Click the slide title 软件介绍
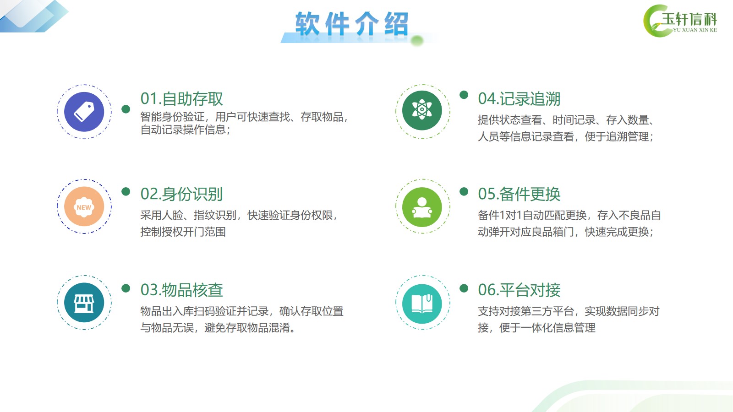[x=352, y=23]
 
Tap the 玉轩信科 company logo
[x=680, y=21]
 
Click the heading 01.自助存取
[x=181, y=99]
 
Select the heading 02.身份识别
[x=181, y=194]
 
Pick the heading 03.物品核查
[x=181, y=290]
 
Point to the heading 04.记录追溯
[x=519, y=99]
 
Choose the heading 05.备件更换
[x=519, y=194]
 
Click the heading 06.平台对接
[x=519, y=290]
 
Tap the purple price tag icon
[x=84, y=112]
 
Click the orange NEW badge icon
[x=84, y=206]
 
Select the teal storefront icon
[x=84, y=303]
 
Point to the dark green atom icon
[x=422, y=110]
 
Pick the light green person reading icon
[x=422, y=207]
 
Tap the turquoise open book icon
[x=422, y=304]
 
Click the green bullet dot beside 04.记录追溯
[x=464, y=95]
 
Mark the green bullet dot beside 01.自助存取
[x=126, y=109]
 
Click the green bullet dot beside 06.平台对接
[x=464, y=288]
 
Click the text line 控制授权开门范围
[x=183, y=232]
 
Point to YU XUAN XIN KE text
[x=695, y=30]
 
